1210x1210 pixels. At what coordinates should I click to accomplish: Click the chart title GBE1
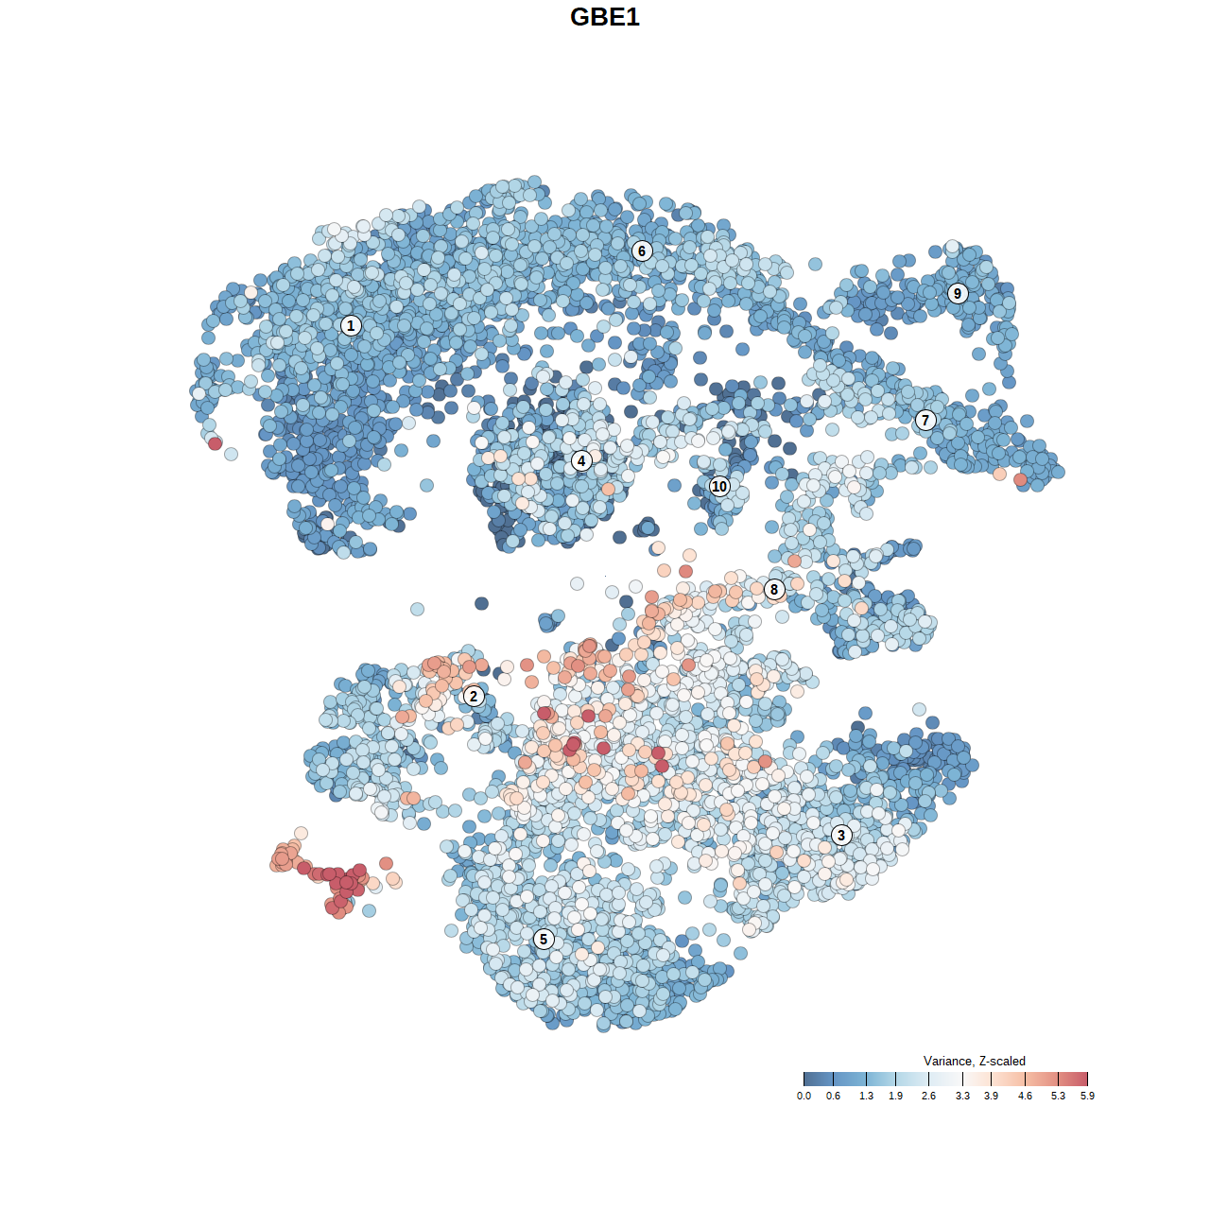pos(605,17)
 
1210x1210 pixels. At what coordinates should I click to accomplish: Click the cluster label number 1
pos(351,326)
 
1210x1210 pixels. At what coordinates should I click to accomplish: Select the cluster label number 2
pos(474,697)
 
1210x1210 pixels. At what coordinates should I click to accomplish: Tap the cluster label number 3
pos(841,835)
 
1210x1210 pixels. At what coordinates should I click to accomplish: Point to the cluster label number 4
pos(581,461)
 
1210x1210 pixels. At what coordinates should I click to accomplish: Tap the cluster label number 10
pos(719,487)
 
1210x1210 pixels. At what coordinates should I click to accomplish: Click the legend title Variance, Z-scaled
pos(974,1061)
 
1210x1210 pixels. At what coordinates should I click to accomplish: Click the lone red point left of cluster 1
pos(215,443)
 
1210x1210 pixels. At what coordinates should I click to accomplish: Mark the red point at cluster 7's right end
pos(1020,480)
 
